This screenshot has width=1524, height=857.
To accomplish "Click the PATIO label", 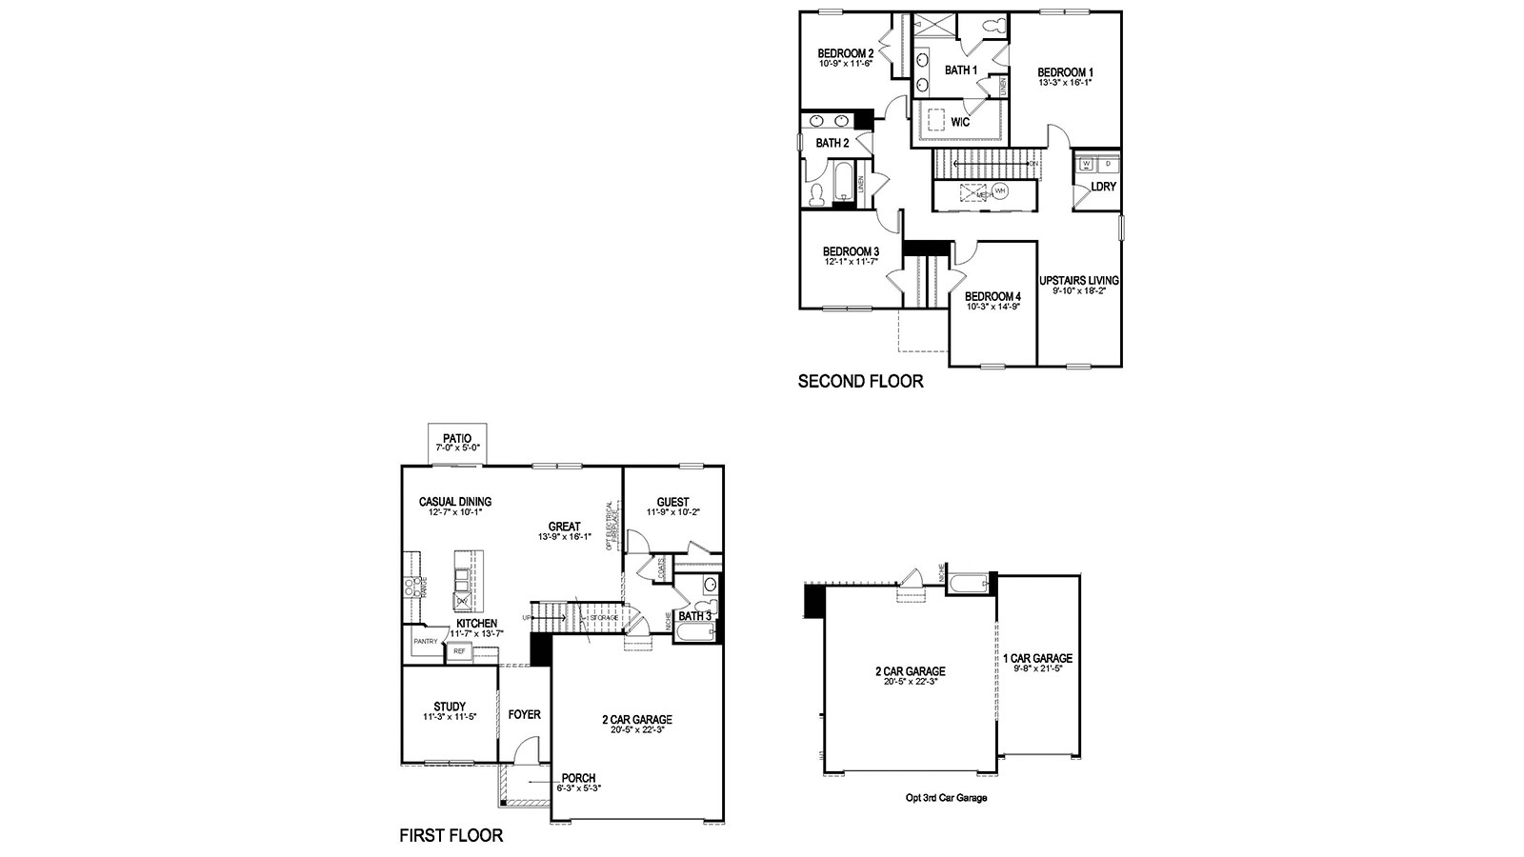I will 457,438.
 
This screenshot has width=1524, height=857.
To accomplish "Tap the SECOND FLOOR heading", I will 860,382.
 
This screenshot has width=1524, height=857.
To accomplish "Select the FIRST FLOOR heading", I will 451,836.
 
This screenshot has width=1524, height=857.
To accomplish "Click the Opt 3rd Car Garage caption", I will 946,798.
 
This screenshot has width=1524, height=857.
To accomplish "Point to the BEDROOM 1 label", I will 1065,72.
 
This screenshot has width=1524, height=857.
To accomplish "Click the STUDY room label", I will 450,707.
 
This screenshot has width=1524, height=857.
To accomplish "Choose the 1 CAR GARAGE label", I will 1037,658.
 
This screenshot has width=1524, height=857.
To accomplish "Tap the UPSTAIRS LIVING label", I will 1079,281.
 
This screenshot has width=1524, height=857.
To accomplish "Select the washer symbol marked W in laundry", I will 1086,164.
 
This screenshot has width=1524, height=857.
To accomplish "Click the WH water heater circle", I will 999,191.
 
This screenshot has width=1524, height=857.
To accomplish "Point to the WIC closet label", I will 960,122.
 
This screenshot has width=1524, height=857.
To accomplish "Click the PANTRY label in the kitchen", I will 425,642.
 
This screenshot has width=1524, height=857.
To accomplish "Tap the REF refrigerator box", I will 459,651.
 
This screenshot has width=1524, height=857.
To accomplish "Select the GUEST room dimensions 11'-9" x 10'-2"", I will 672,512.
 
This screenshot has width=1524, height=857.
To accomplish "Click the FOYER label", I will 524,714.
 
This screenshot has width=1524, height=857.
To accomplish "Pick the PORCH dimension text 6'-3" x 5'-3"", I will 579,788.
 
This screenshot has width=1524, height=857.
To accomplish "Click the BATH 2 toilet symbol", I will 816,195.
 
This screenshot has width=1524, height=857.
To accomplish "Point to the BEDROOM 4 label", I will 993,296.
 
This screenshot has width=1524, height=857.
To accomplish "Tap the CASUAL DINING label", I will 454,502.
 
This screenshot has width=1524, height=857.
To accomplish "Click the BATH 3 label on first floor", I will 694,616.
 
